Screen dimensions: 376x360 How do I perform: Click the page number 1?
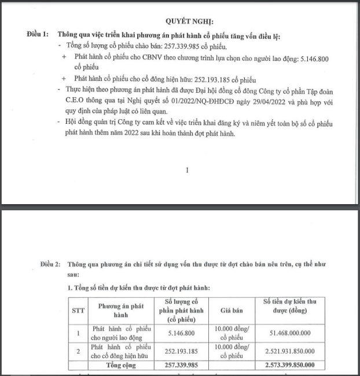[186, 171]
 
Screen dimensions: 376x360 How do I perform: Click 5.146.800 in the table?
[183, 332]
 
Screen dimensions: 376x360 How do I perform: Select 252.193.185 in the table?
[183, 351]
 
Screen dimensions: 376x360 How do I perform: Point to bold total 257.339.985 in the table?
[183, 366]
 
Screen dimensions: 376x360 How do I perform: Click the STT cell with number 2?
[78, 351]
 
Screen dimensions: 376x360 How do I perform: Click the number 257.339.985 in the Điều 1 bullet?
[171, 46]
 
